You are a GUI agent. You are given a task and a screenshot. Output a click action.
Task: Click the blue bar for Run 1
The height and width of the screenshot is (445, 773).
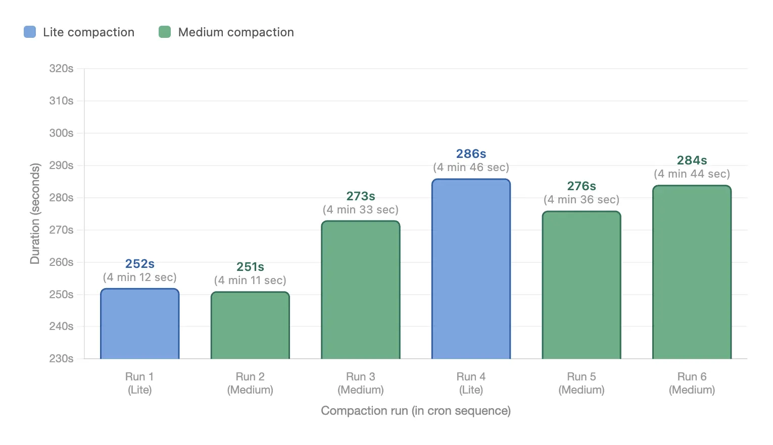140,324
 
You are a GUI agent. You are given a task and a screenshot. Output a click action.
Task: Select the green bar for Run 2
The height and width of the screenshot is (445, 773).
250,325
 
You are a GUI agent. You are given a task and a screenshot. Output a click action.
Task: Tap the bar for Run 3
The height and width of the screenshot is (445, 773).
361,290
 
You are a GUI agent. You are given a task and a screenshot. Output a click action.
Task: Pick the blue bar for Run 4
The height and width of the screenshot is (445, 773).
471,269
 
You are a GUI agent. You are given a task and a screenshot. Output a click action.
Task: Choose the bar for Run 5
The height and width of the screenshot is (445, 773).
582,285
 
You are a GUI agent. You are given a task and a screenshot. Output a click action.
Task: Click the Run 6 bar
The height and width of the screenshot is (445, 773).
692,272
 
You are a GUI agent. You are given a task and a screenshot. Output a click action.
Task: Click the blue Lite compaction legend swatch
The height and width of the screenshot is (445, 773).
30,32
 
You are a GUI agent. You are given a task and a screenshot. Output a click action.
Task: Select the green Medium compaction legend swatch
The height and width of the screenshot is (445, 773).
165,32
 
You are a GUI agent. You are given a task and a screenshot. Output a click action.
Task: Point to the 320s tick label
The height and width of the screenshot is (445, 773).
61,69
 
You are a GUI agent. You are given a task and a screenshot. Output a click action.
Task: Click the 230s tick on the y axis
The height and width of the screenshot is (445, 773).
61,359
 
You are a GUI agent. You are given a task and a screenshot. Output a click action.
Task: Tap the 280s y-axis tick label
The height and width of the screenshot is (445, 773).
61,198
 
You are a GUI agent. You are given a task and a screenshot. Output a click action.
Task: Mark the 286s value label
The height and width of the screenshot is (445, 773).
471,154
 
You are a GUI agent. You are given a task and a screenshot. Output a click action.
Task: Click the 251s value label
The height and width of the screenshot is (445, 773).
250,267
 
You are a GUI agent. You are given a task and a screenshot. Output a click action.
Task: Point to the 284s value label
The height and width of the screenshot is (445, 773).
692,160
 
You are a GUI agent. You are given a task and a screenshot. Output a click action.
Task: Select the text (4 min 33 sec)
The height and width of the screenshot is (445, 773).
361,210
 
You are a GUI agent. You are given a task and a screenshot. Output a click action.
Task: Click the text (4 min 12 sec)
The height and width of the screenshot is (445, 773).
140,277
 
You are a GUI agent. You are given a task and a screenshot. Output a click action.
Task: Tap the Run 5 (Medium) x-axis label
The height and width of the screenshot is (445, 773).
582,383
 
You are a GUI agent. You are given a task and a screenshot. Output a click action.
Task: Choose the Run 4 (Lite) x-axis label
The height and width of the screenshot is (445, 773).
471,383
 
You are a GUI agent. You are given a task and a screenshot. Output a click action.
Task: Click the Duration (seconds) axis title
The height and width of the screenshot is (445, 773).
35,213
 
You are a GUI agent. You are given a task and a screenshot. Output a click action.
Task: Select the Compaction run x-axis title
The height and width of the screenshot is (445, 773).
416,411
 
